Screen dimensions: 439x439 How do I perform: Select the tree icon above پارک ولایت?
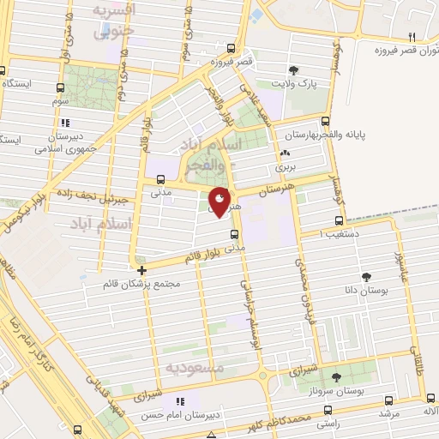[x=293, y=70]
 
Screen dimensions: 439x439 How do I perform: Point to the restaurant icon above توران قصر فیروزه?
[x=412, y=36]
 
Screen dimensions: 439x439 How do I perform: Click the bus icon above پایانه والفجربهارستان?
[x=325, y=121]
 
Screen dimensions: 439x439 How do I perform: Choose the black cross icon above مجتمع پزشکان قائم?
[x=141, y=270]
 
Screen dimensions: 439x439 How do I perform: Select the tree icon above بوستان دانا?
[x=367, y=277]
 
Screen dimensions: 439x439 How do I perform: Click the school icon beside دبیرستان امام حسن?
[x=179, y=401]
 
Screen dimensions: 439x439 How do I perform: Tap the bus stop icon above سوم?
[x=61, y=87]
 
